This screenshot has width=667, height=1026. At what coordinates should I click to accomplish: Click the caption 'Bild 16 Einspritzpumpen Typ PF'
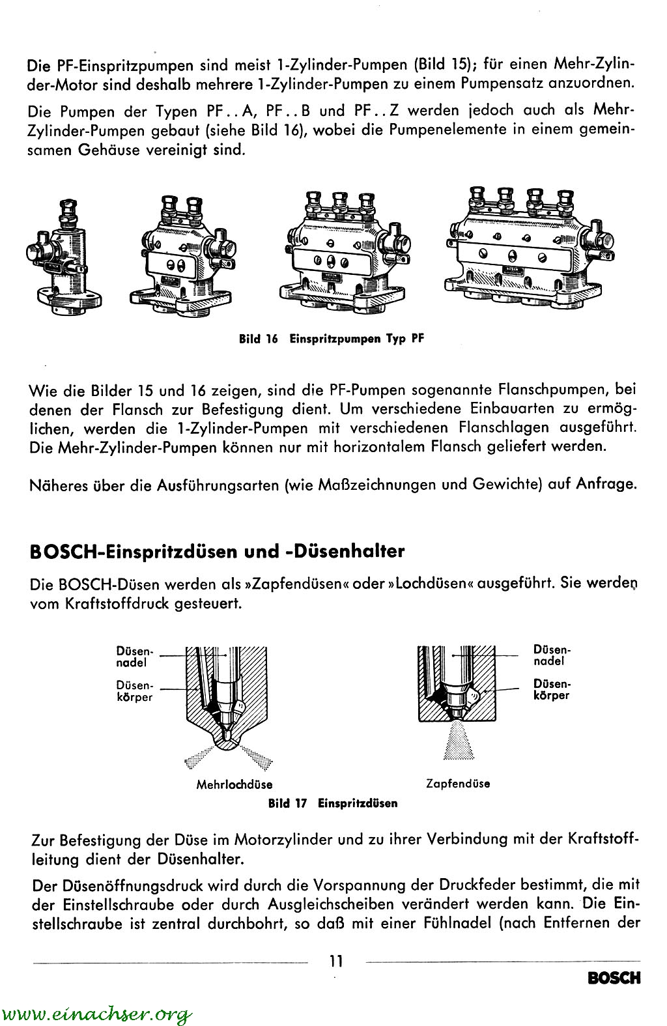(x=330, y=339)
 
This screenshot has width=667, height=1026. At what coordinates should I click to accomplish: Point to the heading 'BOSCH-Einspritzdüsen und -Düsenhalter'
(x=218, y=551)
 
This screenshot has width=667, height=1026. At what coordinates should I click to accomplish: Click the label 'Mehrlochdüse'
(x=234, y=784)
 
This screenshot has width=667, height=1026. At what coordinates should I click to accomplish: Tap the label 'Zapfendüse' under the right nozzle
(x=458, y=783)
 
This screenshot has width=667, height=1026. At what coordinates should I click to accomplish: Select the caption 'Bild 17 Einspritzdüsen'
(x=333, y=803)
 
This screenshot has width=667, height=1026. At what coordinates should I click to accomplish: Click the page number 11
(x=336, y=960)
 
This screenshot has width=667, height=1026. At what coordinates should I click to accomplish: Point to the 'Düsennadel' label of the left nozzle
(x=134, y=657)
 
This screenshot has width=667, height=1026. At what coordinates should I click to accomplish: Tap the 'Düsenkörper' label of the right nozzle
(x=551, y=690)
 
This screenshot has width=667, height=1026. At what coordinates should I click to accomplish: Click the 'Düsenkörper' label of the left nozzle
(x=134, y=691)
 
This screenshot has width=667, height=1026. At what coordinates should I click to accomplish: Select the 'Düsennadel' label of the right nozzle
(x=551, y=655)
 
